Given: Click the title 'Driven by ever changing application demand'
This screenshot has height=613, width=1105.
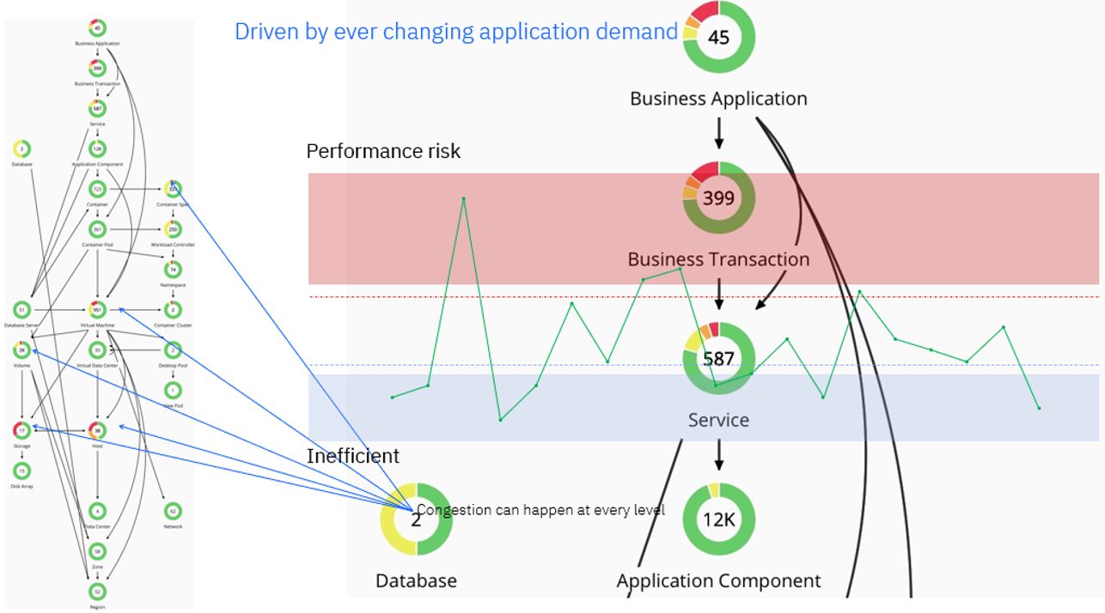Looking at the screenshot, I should (x=456, y=32).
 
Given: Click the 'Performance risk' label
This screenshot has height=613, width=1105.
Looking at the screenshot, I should (x=383, y=152).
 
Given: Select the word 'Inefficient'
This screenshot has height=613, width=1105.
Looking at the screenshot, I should (x=353, y=456).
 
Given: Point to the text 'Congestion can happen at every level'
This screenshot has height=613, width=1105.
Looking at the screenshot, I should (x=541, y=510).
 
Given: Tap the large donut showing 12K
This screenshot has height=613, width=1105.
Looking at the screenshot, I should (x=718, y=519).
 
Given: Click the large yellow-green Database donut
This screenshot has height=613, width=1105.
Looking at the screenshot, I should (x=416, y=519).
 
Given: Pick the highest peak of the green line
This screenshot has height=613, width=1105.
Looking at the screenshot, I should (x=464, y=199).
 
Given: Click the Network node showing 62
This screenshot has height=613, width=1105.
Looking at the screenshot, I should (x=173, y=511).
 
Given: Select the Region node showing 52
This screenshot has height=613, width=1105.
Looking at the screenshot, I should (x=97, y=592).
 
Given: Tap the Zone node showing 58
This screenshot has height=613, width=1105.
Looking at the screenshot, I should (x=97, y=551).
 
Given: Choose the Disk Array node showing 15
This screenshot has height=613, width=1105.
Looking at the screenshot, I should (x=22, y=470).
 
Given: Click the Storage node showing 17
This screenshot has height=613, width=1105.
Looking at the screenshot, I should (x=22, y=430).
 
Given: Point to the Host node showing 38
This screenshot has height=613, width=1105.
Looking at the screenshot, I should (x=97, y=430).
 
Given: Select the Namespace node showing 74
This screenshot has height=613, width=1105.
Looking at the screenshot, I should (x=173, y=270).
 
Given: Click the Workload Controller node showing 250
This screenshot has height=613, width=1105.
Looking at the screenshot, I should (x=173, y=229).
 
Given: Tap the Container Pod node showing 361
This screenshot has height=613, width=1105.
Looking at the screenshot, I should (x=97, y=229).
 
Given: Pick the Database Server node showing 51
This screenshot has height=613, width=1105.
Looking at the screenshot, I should (x=22, y=310).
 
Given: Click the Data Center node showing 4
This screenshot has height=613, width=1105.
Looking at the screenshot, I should (x=97, y=511).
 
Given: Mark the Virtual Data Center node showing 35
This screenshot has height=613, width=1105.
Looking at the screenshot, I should (x=97, y=349).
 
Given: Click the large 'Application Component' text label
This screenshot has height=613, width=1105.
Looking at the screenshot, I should (x=718, y=581).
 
